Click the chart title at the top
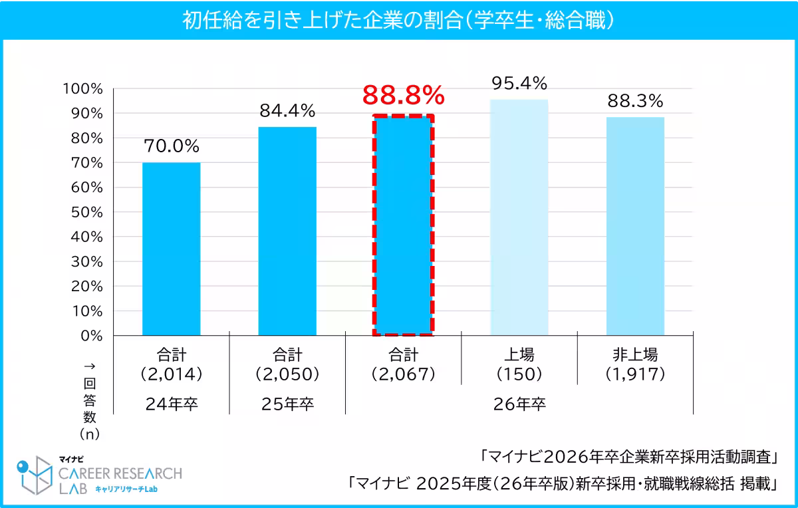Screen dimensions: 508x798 coord(398,19)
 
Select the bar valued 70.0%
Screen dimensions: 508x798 coord(171,249)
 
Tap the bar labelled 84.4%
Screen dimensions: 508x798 coord(287,231)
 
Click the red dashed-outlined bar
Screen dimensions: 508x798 coord(403,225)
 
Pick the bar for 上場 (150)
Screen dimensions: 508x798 coord(519,217)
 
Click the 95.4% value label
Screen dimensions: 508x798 coord(519,83)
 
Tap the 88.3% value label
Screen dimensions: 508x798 coord(635,101)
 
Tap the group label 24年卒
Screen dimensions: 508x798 coord(171,404)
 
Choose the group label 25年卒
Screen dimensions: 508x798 coord(287,404)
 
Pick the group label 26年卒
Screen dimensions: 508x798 coord(519,404)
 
